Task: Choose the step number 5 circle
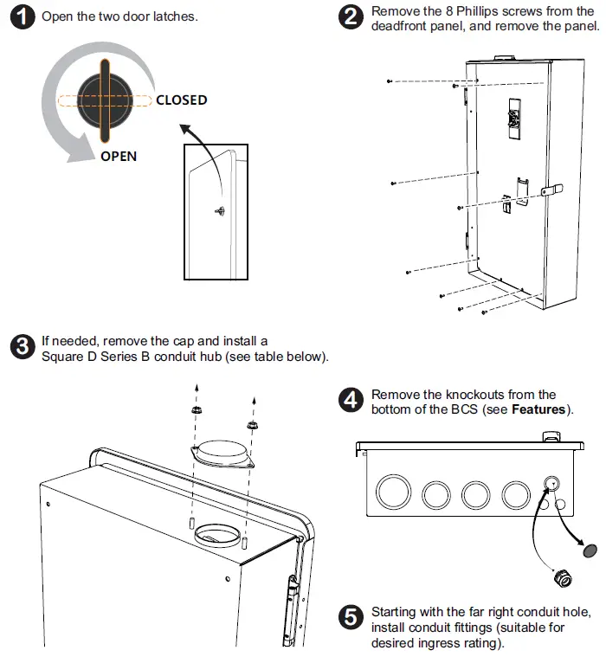(351, 618)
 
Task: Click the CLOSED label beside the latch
(181, 100)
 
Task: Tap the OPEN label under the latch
(118, 157)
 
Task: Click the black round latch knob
(103, 100)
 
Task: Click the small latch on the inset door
(222, 209)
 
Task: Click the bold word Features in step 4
(539, 409)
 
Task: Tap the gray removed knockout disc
(588, 550)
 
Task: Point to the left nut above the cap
(196, 410)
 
